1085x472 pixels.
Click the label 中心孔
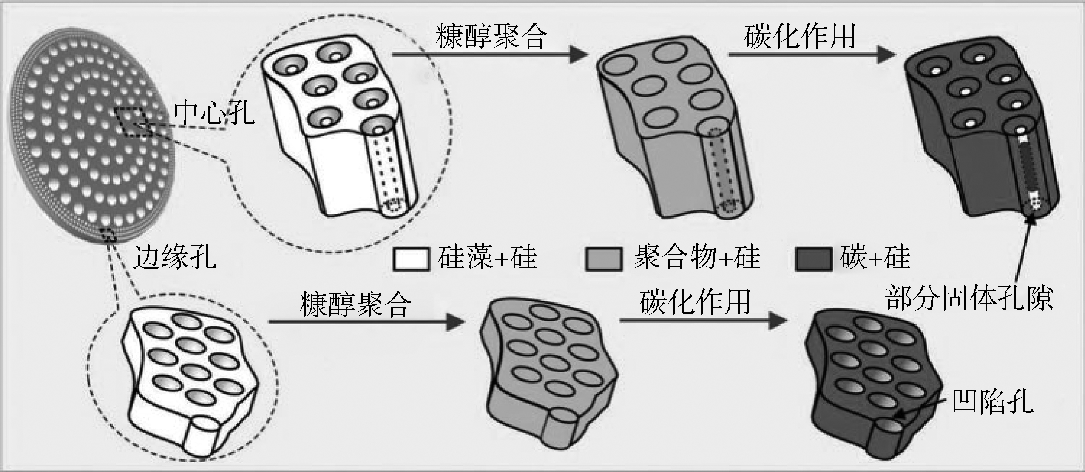[214, 113]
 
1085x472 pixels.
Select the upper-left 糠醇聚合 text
[491, 36]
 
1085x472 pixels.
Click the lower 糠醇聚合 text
[355, 304]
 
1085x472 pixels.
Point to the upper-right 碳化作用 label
[800, 36]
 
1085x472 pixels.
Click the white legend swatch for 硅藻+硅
[411, 259]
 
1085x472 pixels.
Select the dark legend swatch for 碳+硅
[813, 259]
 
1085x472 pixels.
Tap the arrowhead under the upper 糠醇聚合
[578, 54]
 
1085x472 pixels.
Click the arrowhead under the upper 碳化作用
[886, 54]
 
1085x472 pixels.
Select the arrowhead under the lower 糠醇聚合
[455, 322]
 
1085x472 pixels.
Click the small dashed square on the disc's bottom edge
[109, 234]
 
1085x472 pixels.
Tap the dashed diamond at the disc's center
[133, 122]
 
